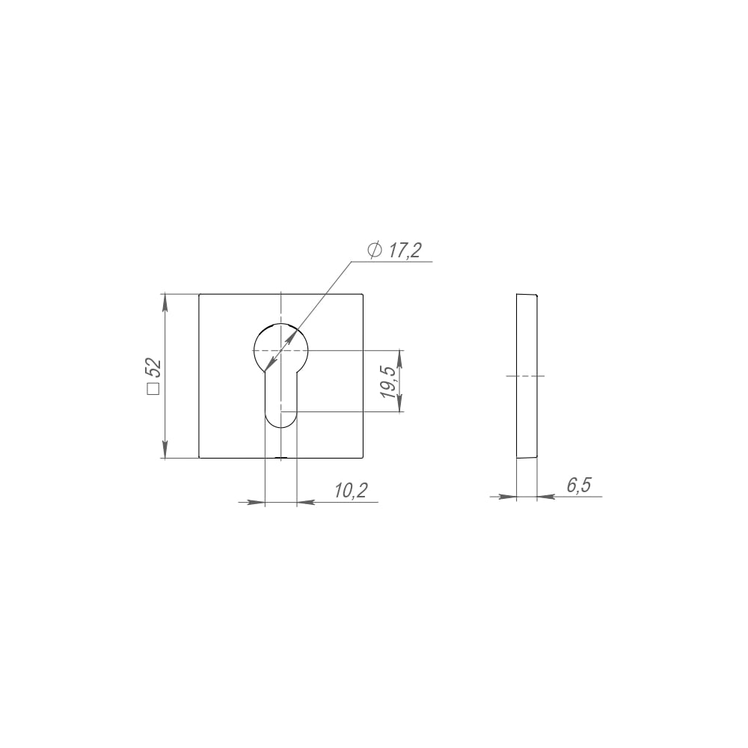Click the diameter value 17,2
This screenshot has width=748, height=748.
(x=405, y=251)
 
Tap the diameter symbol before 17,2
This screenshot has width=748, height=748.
(x=375, y=250)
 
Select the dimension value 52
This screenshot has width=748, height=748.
(x=154, y=368)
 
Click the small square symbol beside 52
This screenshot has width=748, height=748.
(x=153, y=389)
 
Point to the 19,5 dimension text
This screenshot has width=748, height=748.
(x=387, y=381)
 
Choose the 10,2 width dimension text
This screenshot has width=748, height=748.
(x=351, y=491)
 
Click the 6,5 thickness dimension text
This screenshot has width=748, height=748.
(x=579, y=485)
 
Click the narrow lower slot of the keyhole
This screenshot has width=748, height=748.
(x=281, y=399)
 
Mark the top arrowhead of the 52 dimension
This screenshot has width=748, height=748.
(x=165, y=302)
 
